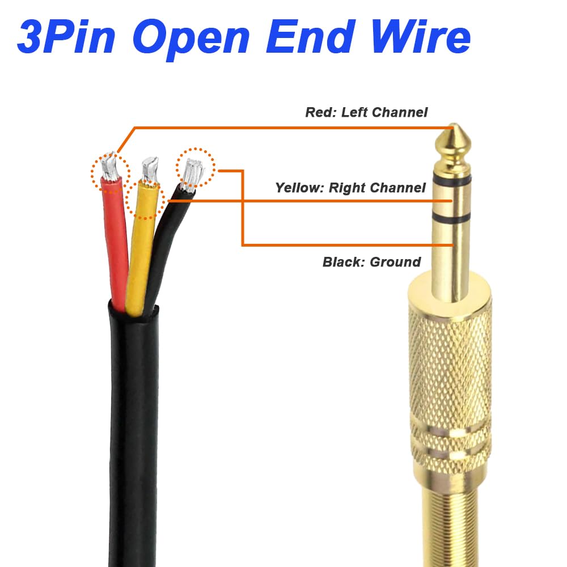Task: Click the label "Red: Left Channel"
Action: [x=366, y=112]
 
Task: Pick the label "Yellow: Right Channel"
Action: [x=350, y=188]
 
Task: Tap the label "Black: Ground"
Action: [x=371, y=262]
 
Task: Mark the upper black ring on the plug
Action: [x=451, y=180]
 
